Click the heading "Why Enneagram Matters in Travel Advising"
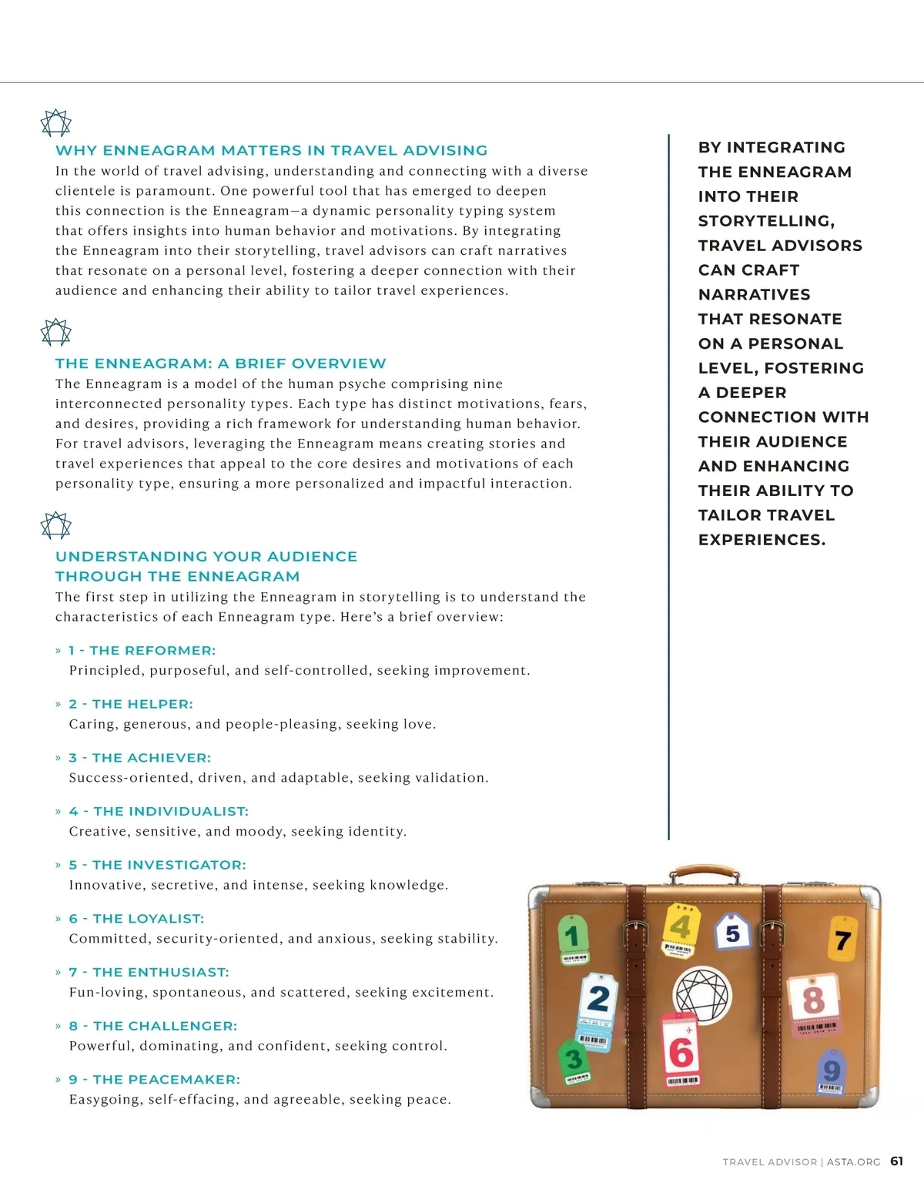tap(271, 150)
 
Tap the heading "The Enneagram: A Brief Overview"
tap(220, 364)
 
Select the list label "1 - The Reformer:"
tap(142, 651)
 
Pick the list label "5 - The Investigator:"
tap(157, 865)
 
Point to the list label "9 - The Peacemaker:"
tap(154, 1080)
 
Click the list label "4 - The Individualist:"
tap(159, 812)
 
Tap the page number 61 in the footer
tap(897, 1161)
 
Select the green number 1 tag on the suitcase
tap(572, 938)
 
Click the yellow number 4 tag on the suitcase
tap(680, 928)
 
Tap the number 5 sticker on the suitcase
tap(732, 933)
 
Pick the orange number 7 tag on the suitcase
tap(842, 939)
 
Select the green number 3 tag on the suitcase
tap(574, 1061)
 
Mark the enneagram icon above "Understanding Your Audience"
tap(55, 526)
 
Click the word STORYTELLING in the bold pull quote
tap(765, 221)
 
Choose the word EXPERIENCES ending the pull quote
tap(761, 540)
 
